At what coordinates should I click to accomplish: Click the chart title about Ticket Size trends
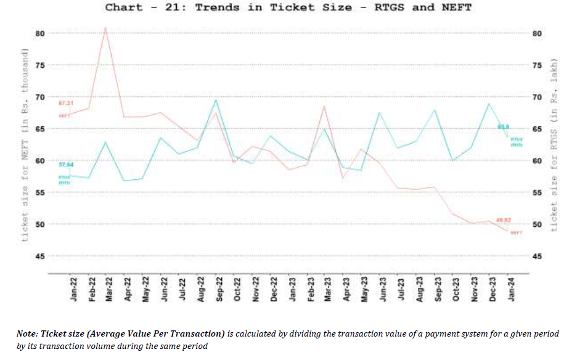coord(288,7)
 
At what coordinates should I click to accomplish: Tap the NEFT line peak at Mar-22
coord(105,28)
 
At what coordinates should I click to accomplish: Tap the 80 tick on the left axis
coord(40,33)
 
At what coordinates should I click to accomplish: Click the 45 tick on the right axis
coord(536,256)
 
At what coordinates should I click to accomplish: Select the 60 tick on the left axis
coord(40,160)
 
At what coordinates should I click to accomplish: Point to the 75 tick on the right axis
coord(536,65)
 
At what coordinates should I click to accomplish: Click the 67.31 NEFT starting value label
coord(66,102)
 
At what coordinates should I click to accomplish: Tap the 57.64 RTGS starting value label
coord(66,165)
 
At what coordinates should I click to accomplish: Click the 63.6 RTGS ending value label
coord(502,127)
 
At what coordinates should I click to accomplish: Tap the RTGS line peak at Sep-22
coord(215,99)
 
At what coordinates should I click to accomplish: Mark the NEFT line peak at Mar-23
coord(324,106)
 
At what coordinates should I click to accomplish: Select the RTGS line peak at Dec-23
coord(489,103)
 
